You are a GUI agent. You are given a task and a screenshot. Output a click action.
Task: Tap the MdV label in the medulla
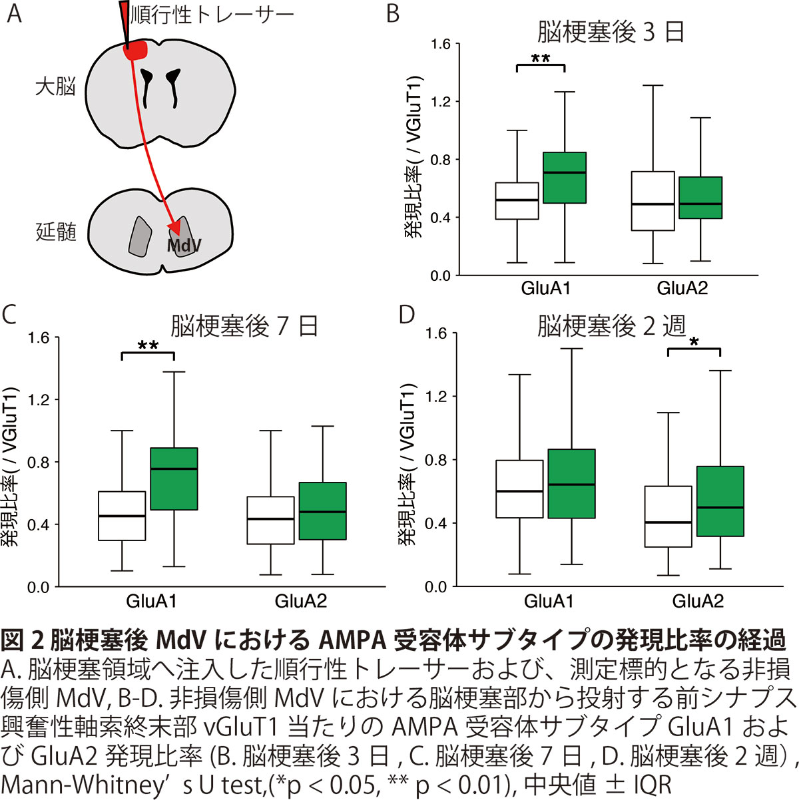[x=183, y=246]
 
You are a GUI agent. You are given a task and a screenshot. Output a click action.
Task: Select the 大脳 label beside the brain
[x=56, y=87]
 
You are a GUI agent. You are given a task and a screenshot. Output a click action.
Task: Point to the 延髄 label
[x=56, y=232]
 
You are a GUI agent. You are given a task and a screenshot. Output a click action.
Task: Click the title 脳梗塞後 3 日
[x=611, y=32]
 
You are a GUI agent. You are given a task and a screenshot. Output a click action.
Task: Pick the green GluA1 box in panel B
[x=565, y=177]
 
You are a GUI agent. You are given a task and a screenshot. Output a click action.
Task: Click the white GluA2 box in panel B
[x=653, y=201]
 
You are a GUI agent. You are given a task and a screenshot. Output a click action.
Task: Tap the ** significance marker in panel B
[x=541, y=59]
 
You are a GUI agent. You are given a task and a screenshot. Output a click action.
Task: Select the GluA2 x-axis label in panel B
[x=682, y=289]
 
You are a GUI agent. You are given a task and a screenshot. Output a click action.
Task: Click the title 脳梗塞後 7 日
[x=244, y=326]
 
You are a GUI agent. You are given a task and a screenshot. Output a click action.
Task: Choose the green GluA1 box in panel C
[x=174, y=479]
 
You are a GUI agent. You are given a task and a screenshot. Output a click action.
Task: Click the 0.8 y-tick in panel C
[x=39, y=462]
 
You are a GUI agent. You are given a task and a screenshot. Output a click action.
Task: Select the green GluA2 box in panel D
[x=720, y=501]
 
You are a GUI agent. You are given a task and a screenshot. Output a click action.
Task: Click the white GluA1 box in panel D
[x=520, y=489]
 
